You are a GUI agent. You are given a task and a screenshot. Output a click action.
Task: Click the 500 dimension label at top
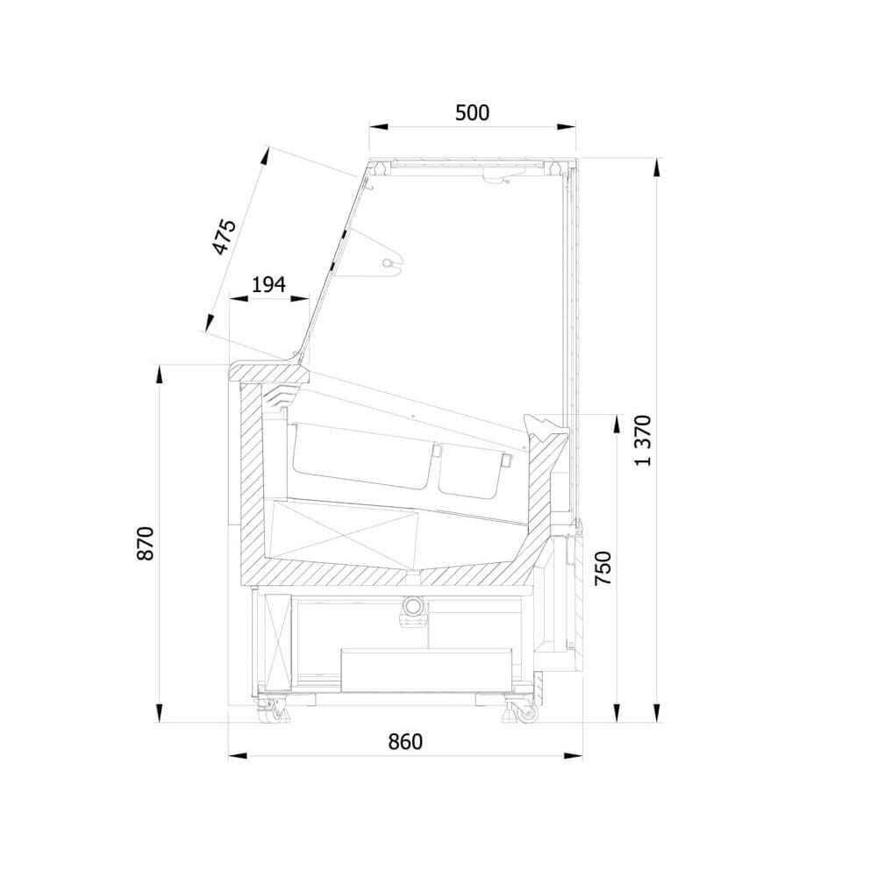tap(472, 112)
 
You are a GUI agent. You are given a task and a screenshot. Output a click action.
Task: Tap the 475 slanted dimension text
tap(225, 238)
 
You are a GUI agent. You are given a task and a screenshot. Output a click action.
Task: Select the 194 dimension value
tap(268, 284)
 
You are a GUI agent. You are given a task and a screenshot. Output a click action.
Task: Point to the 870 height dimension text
tap(145, 543)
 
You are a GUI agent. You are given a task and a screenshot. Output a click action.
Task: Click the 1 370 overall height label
tap(644, 440)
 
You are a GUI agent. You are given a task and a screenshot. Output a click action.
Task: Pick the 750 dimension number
tap(603, 568)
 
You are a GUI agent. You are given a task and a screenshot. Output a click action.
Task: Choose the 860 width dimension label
tap(405, 741)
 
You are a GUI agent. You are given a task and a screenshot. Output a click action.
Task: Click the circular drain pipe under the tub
tap(414, 605)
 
